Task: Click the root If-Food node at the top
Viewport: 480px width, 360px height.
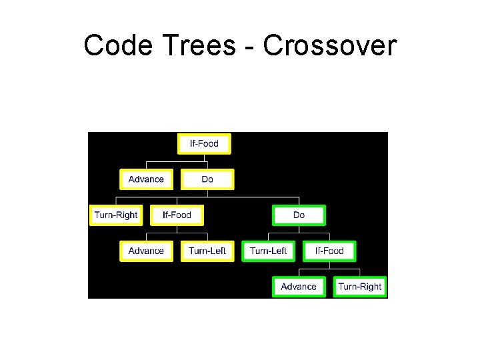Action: [204, 143]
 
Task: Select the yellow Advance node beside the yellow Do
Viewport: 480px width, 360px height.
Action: [146, 179]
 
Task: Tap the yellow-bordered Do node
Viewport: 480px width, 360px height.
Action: [207, 179]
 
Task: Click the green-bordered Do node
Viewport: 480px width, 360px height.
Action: [299, 215]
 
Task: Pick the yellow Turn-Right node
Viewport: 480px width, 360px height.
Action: [116, 215]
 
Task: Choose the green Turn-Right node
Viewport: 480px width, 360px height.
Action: [360, 287]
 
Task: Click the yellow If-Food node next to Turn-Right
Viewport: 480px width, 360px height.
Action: [177, 215]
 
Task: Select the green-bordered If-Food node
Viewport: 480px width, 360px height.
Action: [329, 251]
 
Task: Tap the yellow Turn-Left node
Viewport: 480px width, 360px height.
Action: [207, 251]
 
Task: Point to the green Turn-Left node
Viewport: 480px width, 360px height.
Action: [268, 251]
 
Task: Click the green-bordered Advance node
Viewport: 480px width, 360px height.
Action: [299, 287]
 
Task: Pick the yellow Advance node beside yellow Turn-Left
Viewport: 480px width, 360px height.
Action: [146, 251]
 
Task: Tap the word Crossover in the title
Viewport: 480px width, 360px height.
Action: [329, 46]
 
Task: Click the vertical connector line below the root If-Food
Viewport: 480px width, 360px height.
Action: [204, 157]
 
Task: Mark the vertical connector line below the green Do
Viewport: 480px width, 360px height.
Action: [299, 229]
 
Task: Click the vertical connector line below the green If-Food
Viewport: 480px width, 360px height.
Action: [329, 265]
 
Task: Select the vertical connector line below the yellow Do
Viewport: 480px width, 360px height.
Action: [207, 193]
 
